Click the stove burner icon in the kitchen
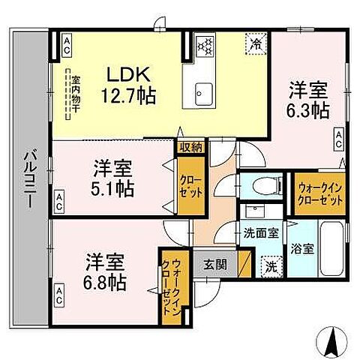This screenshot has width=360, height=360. [x=205, y=45]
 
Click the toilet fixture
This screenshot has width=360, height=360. [x=256, y=187]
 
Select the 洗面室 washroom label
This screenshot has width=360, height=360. [x=259, y=233]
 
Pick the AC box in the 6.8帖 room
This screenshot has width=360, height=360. [x=60, y=290]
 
